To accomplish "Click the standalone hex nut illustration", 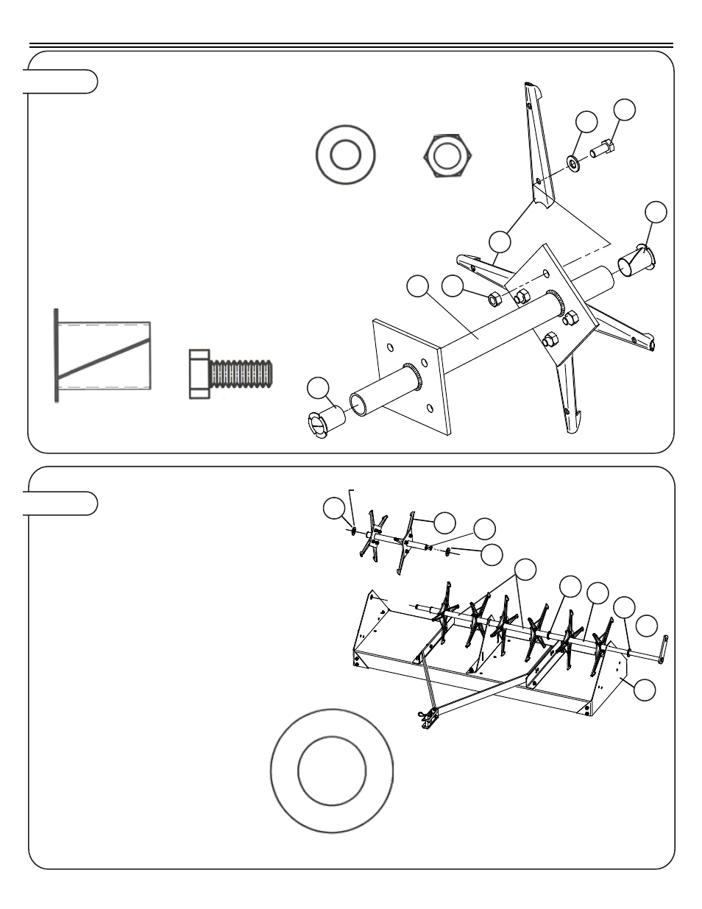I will coord(449,156).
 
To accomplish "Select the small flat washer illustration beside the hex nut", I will coord(345,156).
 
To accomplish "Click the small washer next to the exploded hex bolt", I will coord(574,163).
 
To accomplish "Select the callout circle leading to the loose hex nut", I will coord(452,288).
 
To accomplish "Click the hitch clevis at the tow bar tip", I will coord(425,717).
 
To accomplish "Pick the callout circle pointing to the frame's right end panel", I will coord(645,690).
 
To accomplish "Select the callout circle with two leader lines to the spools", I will coord(525,569).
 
